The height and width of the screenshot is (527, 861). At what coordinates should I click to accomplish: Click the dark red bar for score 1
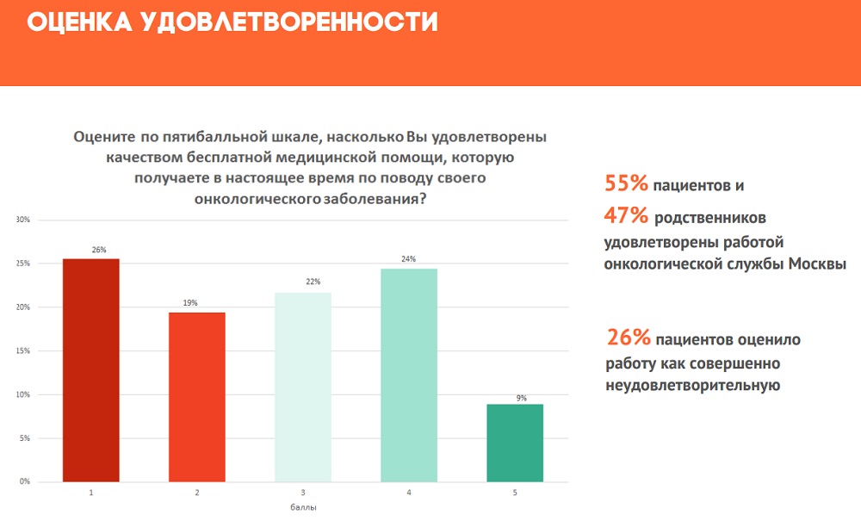[90, 370]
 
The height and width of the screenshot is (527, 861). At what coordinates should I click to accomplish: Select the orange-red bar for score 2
[197, 397]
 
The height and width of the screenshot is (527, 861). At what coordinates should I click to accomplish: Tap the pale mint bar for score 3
[303, 387]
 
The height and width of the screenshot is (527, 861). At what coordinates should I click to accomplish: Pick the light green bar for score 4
[409, 375]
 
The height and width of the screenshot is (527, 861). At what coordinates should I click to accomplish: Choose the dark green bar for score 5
[515, 443]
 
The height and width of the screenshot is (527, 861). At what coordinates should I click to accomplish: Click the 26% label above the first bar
[99, 250]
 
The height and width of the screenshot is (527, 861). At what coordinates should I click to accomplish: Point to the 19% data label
[189, 303]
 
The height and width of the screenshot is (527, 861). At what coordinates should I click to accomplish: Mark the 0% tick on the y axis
[24, 481]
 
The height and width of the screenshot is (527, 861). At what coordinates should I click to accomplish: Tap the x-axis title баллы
[303, 508]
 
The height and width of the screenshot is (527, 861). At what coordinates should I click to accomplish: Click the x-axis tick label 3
[303, 493]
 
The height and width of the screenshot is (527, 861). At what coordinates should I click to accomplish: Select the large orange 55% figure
[626, 184]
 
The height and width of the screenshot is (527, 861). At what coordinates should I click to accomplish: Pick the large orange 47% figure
[626, 214]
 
